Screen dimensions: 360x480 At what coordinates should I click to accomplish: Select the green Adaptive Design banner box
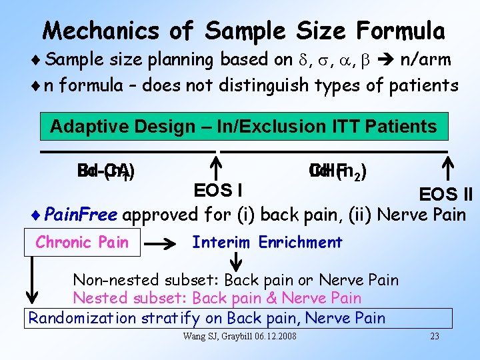tap(244, 126)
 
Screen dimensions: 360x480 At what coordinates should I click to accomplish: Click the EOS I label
tap(217, 191)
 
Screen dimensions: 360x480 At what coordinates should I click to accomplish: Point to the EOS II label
tap(445, 194)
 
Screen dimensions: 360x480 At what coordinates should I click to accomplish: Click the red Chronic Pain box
tap(82, 243)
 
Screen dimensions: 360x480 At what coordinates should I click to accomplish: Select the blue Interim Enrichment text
tap(267, 243)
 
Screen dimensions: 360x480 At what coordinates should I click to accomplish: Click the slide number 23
tap(434, 335)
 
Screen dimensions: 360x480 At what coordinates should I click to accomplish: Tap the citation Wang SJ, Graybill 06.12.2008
tap(240, 335)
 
